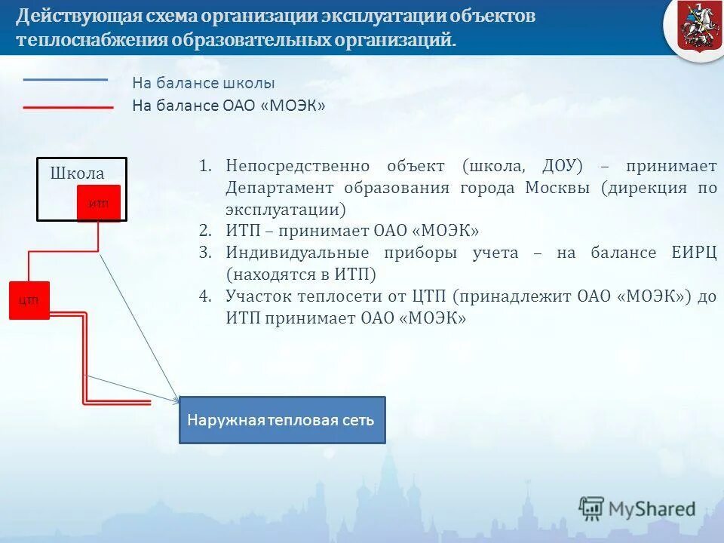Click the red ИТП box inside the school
(x=98, y=203)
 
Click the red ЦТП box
(x=29, y=300)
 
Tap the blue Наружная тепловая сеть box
(x=281, y=420)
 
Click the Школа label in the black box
(x=77, y=173)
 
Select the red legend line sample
(x=68, y=108)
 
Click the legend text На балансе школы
(x=204, y=83)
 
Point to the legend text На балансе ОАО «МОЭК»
(x=229, y=106)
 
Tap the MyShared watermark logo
(x=637, y=509)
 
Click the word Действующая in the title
(x=71, y=16)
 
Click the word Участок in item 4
(x=257, y=296)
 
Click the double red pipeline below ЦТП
(x=84, y=362)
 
